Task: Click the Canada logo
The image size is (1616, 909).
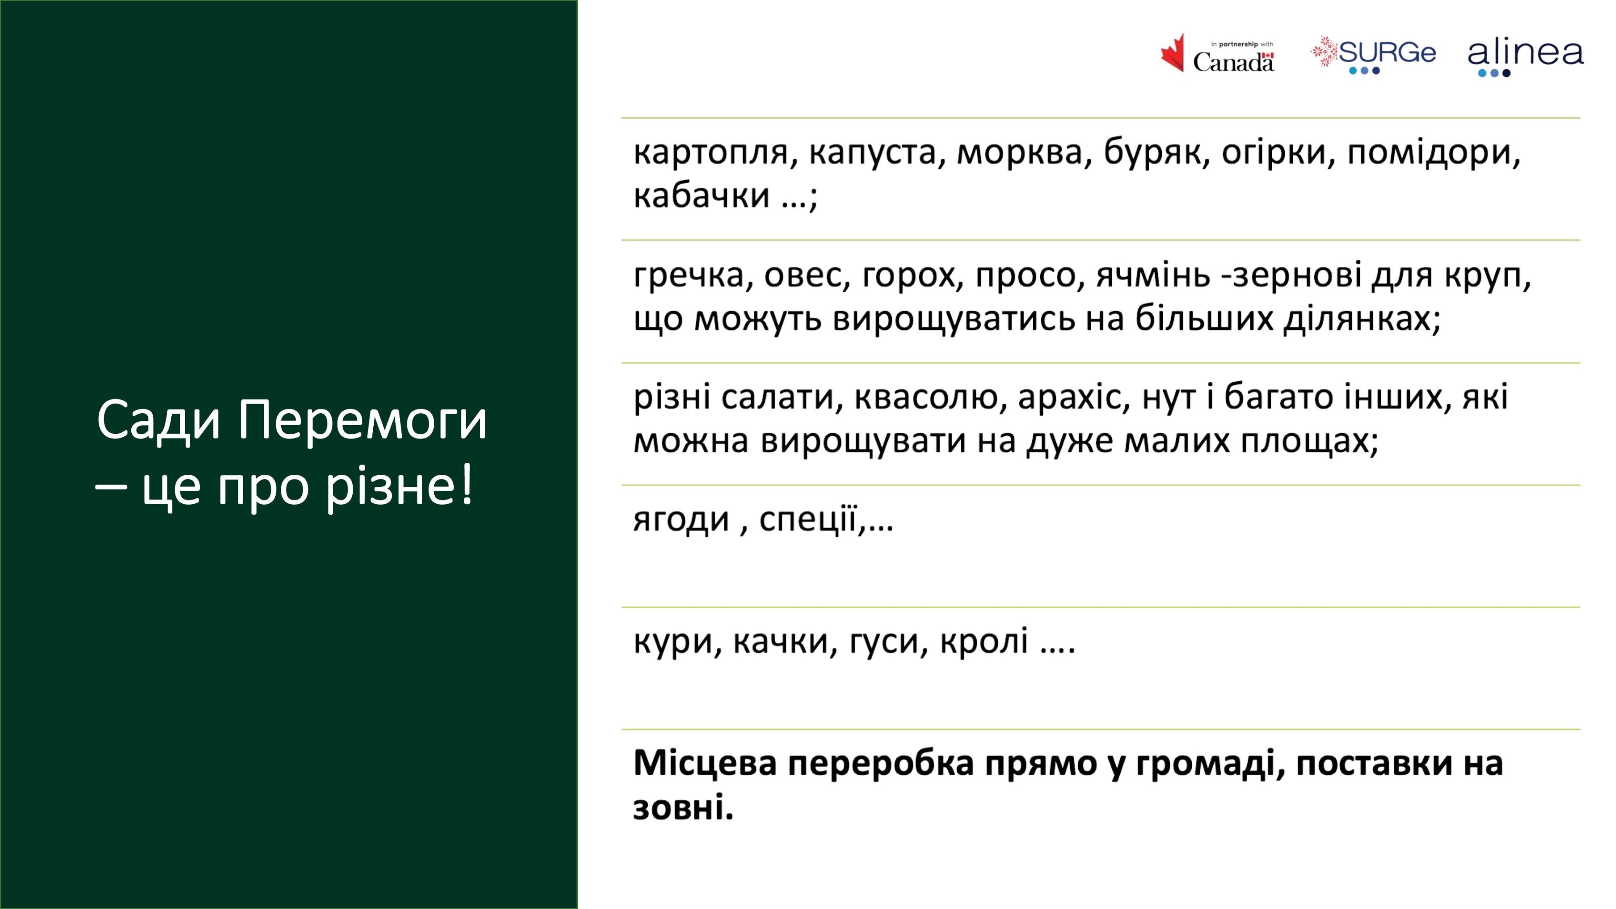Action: (1217, 54)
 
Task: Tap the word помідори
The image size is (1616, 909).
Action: (1433, 154)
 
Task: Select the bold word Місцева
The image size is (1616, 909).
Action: (705, 763)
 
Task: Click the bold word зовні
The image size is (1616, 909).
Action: (683, 808)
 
